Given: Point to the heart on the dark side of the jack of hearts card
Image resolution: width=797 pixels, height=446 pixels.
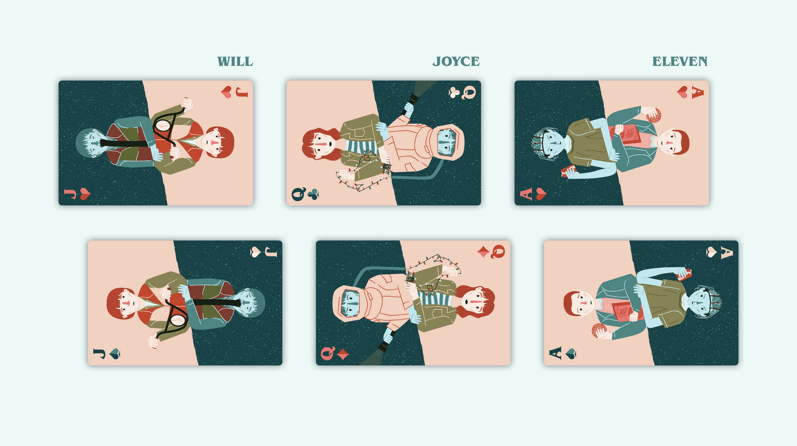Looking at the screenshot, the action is [85, 194].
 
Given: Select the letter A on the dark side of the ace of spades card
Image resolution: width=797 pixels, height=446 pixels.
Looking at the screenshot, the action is [727, 253].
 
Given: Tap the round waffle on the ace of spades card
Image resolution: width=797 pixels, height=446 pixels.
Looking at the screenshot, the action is [599, 331].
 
